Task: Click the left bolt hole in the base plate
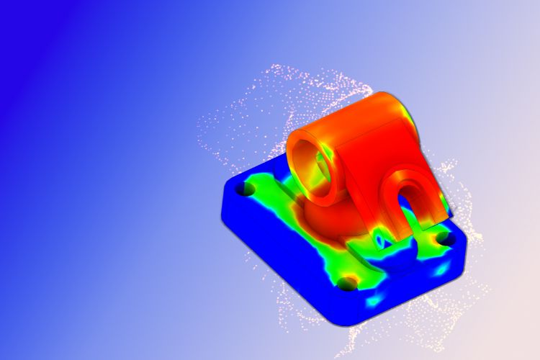click(x=246, y=189)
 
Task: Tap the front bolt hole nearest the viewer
click(x=348, y=283)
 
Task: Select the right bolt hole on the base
click(x=445, y=238)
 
